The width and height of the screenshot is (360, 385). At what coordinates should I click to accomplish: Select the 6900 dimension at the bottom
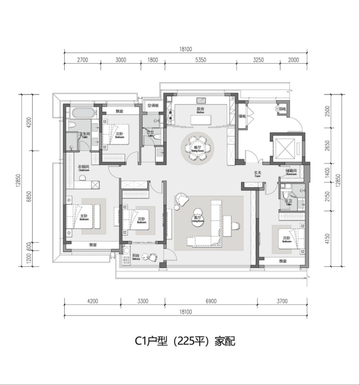[211, 302]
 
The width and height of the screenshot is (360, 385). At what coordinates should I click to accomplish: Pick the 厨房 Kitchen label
[200, 110]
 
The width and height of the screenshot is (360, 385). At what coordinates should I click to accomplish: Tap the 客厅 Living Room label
[198, 219]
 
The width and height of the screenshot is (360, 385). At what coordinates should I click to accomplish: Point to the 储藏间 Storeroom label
[290, 172]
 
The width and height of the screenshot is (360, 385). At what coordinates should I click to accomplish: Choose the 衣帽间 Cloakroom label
[84, 169]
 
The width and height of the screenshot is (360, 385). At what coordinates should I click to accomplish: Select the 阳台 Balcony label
[136, 257]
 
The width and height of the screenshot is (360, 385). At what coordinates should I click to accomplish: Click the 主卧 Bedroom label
[84, 218]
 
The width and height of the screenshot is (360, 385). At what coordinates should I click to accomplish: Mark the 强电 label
[242, 116]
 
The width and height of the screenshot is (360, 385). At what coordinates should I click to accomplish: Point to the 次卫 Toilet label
[288, 202]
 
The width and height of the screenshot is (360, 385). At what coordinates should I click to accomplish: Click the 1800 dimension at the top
[152, 60]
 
